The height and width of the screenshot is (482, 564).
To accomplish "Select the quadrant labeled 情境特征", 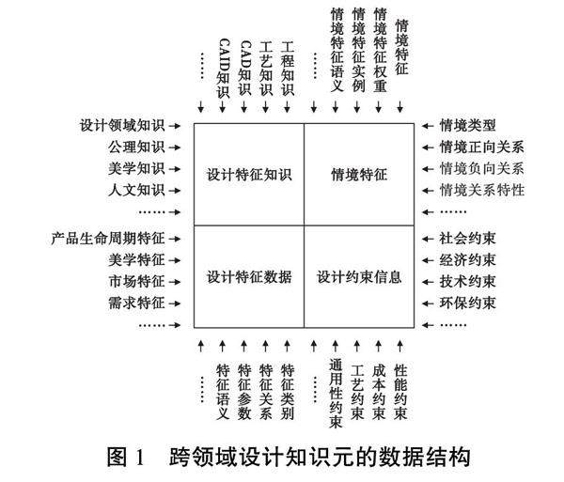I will pos(359,174).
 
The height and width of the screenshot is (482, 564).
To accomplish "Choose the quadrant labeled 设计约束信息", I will pos(359,277).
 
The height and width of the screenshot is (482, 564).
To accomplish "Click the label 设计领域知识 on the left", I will pos(123,125).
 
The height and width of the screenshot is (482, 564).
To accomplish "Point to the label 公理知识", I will pos(136,147).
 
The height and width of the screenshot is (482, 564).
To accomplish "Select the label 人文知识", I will pos(136,190).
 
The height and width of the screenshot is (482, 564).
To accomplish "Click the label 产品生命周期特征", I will pos(110,238).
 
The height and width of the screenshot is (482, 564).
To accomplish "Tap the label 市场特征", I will pos(136,281).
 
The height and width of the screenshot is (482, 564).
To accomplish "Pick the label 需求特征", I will pos(136,303).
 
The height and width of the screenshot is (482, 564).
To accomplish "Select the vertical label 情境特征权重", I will pos(380,49).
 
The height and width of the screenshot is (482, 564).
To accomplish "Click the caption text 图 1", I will pos(125,459).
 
